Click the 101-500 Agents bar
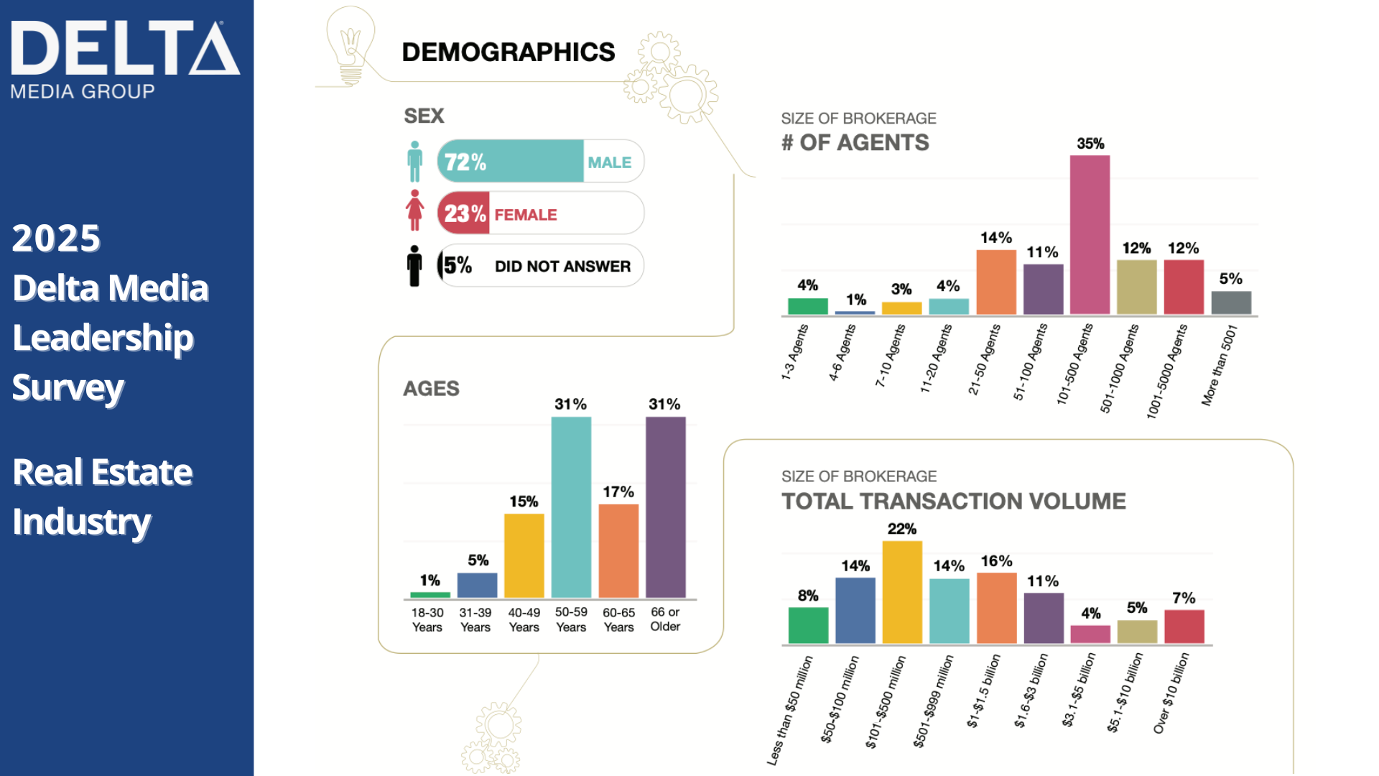click(1090, 235)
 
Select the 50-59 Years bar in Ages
click(571, 507)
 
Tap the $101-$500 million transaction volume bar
click(902, 592)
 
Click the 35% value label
click(1090, 144)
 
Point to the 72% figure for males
click(465, 162)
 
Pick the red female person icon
click(414, 210)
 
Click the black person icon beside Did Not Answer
click(414, 266)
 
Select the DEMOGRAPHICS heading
click(509, 52)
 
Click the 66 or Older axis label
click(665, 619)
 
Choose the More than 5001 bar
click(1231, 302)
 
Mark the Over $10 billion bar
click(1184, 627)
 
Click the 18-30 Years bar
click(430, 595)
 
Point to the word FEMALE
click(526, 215)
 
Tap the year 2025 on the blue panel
click(57, 239)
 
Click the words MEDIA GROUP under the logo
click(83, 91)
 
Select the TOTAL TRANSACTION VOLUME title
click(954, 501)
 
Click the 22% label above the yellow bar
click(902, 529)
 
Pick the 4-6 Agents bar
click(855, 313)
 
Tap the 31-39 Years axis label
click(475, 619)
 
